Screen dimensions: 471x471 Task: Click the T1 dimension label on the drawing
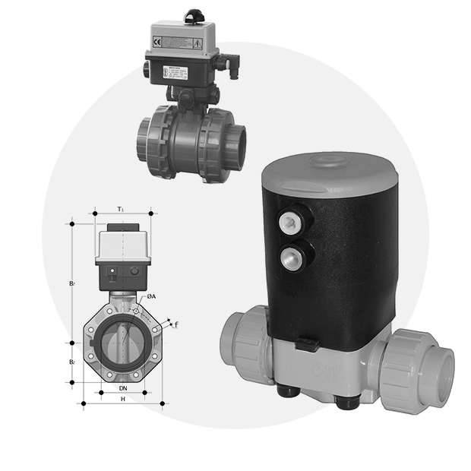(122, 209)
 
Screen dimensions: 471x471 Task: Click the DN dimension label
(122, 387)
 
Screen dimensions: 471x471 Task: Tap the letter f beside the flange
(176, 324)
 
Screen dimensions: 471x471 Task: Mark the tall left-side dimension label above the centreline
(72, 283)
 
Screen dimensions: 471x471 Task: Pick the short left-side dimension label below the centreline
(72, 362)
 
